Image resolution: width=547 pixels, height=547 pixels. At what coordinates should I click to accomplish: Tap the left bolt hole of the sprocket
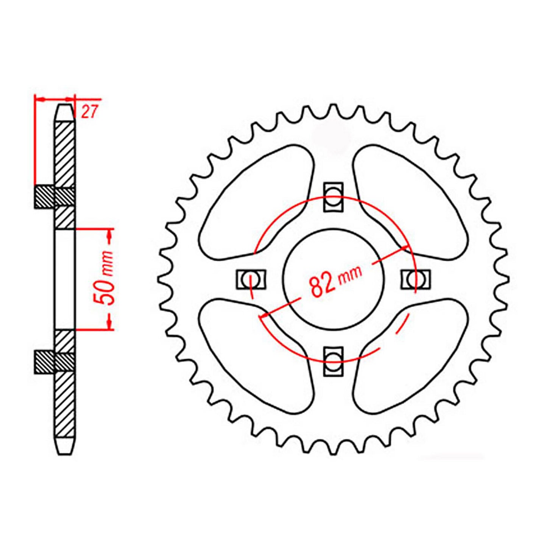click(x=251, y=279)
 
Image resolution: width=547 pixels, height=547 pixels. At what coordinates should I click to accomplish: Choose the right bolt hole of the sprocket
click(x=415, y=279)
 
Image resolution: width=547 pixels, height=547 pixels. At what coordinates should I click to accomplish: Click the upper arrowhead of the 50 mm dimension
click(x=110, y=237)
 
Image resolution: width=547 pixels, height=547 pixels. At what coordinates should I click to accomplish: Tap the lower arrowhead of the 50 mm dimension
click(x=110, y=322)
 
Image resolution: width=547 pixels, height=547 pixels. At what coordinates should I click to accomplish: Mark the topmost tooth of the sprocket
click(x=333, y=110)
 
